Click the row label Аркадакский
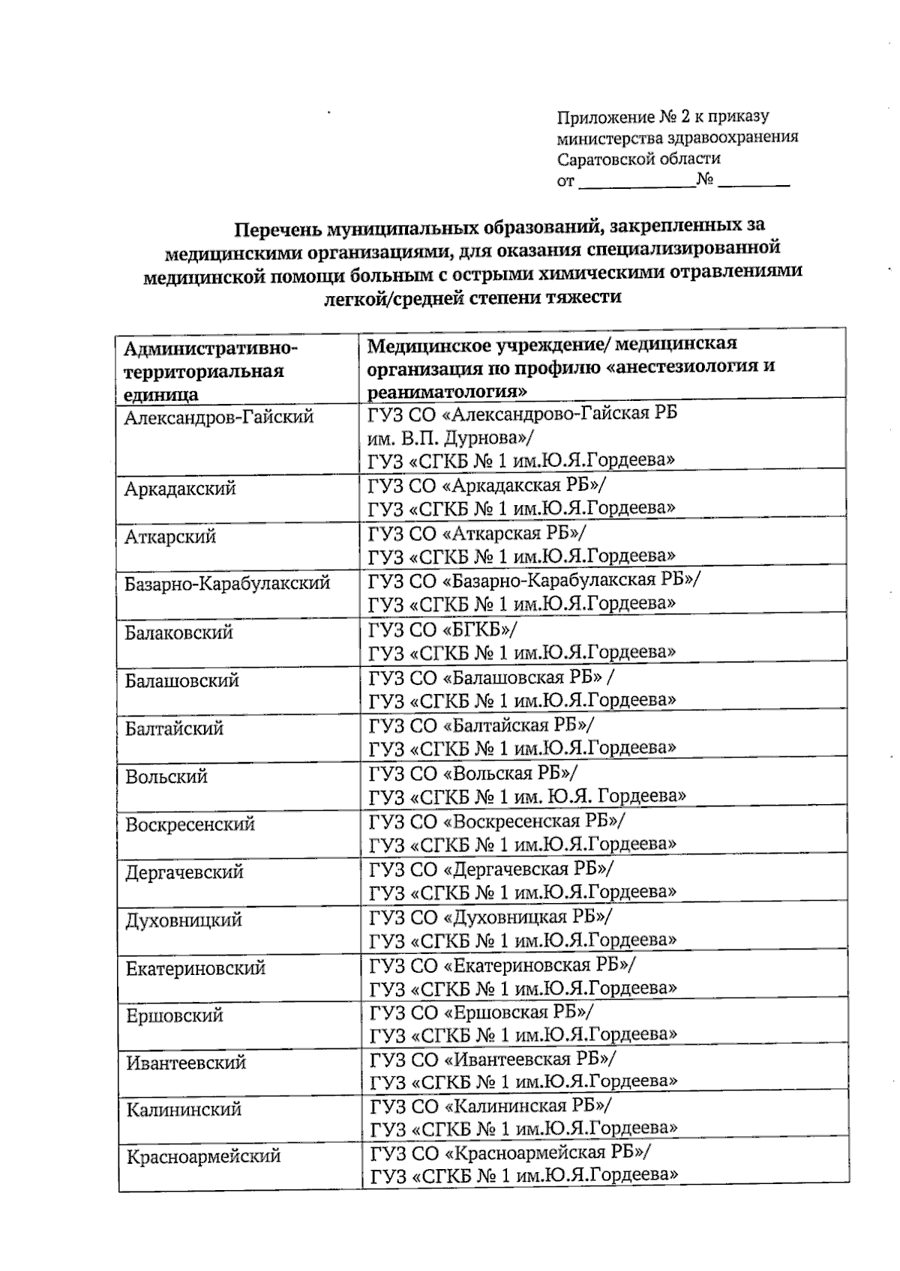point(180,489)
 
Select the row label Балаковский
point(179,633)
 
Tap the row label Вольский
point(166,776)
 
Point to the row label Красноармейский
point(203,1156)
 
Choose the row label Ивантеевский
point(186,1063)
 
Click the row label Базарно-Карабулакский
point(227,583)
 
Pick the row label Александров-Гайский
point(218,417)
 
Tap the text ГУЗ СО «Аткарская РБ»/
point(478,533)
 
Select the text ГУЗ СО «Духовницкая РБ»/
point(490,917)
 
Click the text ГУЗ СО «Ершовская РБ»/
point(481,1012)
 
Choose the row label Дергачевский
point(184,872)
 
